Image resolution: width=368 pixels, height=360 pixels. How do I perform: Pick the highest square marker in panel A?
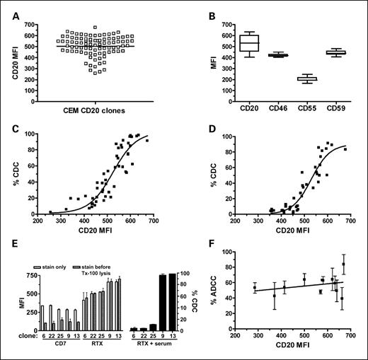point(95,28)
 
